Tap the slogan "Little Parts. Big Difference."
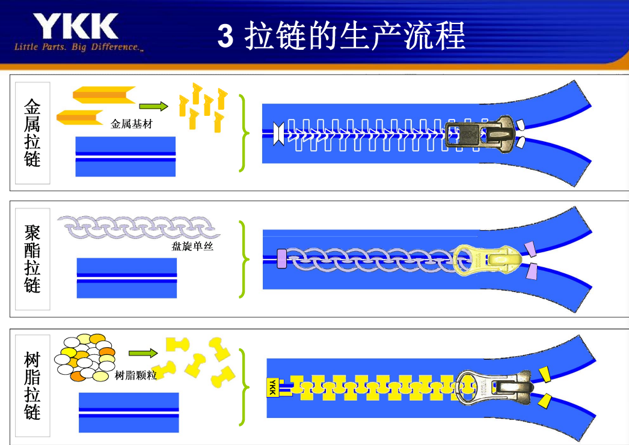click(79, 47)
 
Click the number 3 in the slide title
click(226, 35)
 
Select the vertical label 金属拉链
click(32, 133)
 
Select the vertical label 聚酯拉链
click(32, 259)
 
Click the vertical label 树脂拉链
click(32, 386)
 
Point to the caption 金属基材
click(132, 124)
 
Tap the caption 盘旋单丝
click(192, 246)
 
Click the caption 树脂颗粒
click(135, 375)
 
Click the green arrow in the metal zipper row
click(153, 106)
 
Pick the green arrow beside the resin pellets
click(143, 353)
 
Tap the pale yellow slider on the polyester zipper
click(487, 260)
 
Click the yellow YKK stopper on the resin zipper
click(273, 387)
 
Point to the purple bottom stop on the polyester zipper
click(281, 259)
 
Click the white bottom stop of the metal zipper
click(278, 133)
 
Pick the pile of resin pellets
click(85, 358)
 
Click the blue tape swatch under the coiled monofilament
click(127, 278)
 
